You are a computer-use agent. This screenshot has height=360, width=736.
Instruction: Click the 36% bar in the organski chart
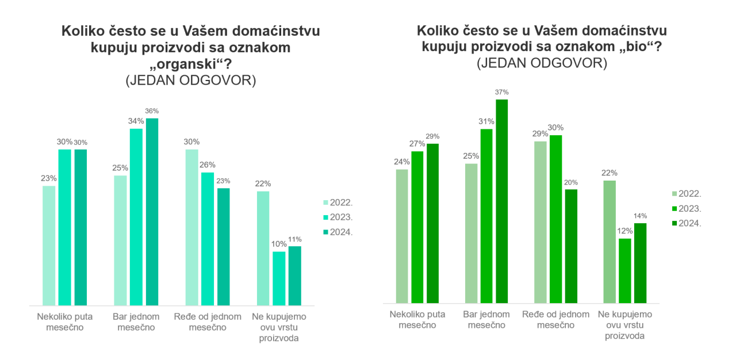152,212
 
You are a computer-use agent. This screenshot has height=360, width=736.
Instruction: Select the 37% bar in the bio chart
502,201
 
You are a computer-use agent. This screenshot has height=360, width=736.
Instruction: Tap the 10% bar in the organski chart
279,278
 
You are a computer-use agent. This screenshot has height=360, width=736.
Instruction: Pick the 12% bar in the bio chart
625,271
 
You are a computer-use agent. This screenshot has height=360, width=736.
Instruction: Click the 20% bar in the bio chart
572,246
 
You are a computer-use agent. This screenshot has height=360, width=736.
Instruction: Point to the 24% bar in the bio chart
402,236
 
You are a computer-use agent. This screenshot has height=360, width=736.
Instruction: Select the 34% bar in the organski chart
136,217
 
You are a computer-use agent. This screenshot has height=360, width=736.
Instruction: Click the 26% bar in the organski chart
208,239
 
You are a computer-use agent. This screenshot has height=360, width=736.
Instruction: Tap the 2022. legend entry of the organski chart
338,202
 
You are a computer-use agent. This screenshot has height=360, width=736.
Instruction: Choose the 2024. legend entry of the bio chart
687,223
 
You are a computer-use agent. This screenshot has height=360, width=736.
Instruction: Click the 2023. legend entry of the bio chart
687,209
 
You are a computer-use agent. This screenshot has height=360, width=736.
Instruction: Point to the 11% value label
295,239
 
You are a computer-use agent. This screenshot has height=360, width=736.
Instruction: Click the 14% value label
640,216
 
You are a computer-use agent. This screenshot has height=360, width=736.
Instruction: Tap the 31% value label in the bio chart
486,121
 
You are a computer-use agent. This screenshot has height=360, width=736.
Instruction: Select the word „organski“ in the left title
190,64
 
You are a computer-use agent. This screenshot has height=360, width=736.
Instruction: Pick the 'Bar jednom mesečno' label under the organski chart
136,322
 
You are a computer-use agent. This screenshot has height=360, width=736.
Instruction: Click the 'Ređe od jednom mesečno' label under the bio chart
555,320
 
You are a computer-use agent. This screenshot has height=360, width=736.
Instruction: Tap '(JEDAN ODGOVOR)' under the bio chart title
542,63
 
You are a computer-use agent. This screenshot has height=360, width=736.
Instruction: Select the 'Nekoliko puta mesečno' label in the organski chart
65,322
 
